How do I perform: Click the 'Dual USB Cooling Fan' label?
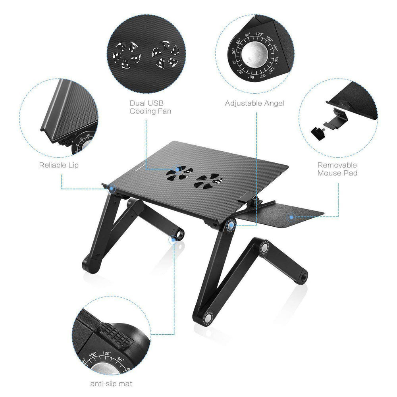click(x=150, y=107)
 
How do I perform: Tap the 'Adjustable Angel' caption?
click(x=254, y=103)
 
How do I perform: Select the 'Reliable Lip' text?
click(x=59, y=165)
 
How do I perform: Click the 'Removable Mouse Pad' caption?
click(x=337, y=169)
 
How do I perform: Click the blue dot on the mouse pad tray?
click(x=291, y=217)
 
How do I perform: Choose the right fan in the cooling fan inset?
click(x=164, y=55)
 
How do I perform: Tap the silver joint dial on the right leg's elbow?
click(x=263, y=248)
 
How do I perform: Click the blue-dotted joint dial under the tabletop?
click(x=231, y=225)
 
